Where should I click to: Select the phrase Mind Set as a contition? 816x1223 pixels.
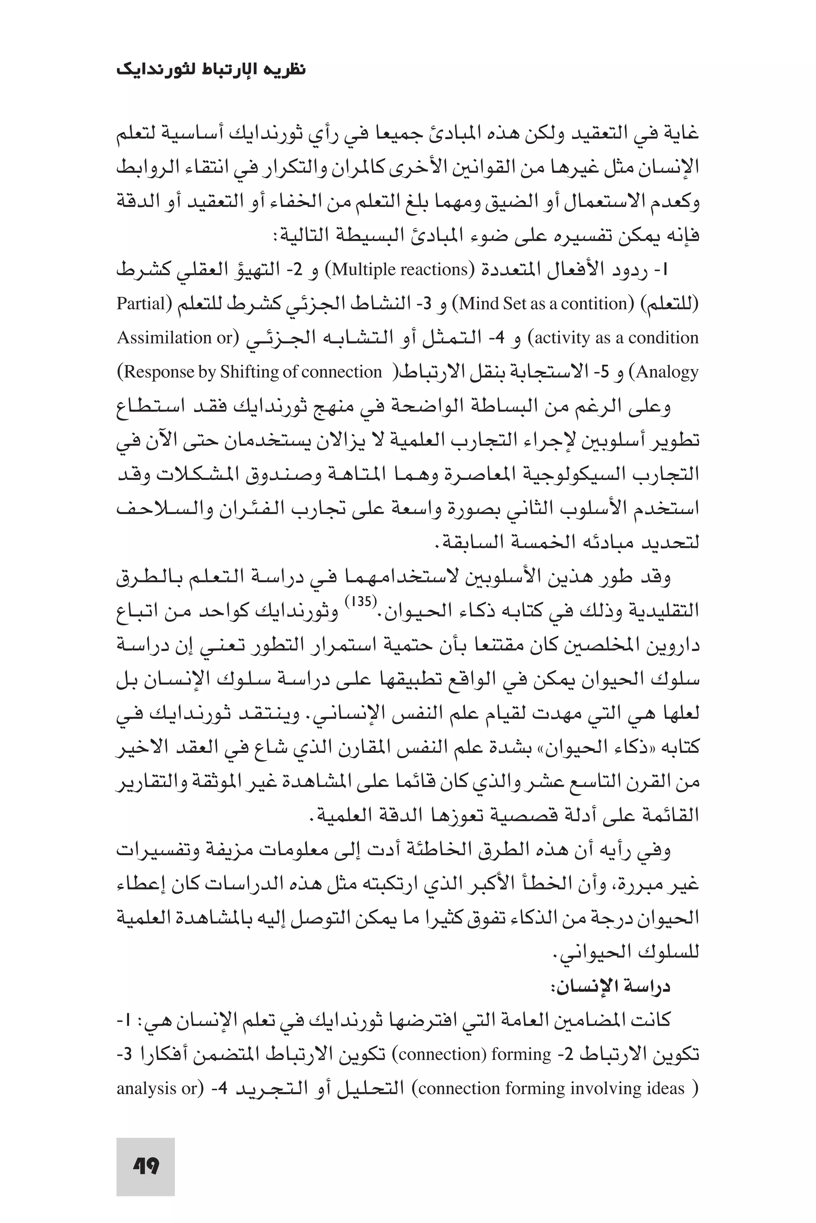point(543,303)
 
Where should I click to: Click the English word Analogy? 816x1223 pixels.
point(667,372)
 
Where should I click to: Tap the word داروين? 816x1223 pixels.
point(672,645)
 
